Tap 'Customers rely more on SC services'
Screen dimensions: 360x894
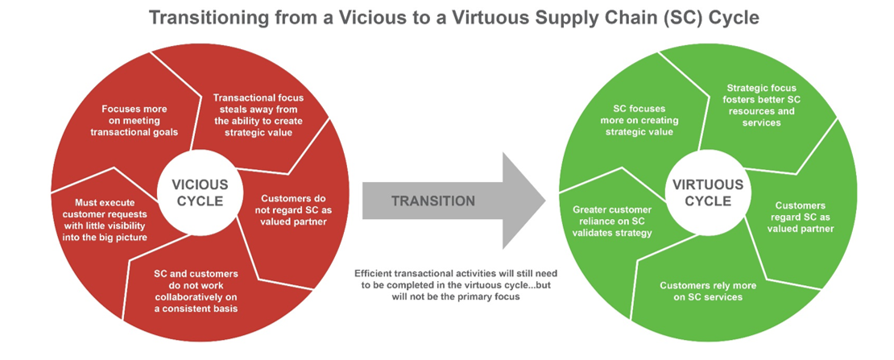[x=700, y=291]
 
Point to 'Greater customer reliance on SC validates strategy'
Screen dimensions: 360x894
[x=613, y=220]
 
